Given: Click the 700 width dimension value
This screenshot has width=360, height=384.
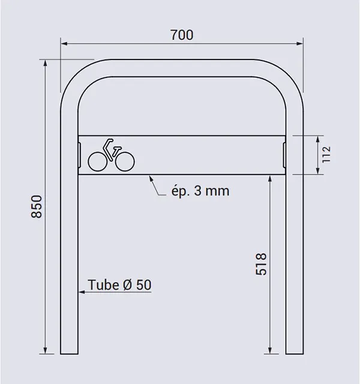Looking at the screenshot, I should (x=181, y=35).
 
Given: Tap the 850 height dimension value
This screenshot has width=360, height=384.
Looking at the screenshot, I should (x=37, y=206).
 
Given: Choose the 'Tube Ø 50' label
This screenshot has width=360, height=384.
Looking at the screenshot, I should (x=119, y=284).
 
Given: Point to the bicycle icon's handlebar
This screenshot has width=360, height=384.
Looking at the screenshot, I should (x=107, y=144).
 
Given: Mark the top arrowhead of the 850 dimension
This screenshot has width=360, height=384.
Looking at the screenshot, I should (x=46, y=62).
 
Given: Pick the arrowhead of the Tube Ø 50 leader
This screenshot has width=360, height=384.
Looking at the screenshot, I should (x=79, y=292).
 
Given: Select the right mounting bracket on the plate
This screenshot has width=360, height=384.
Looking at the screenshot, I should (x=284, y=154).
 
